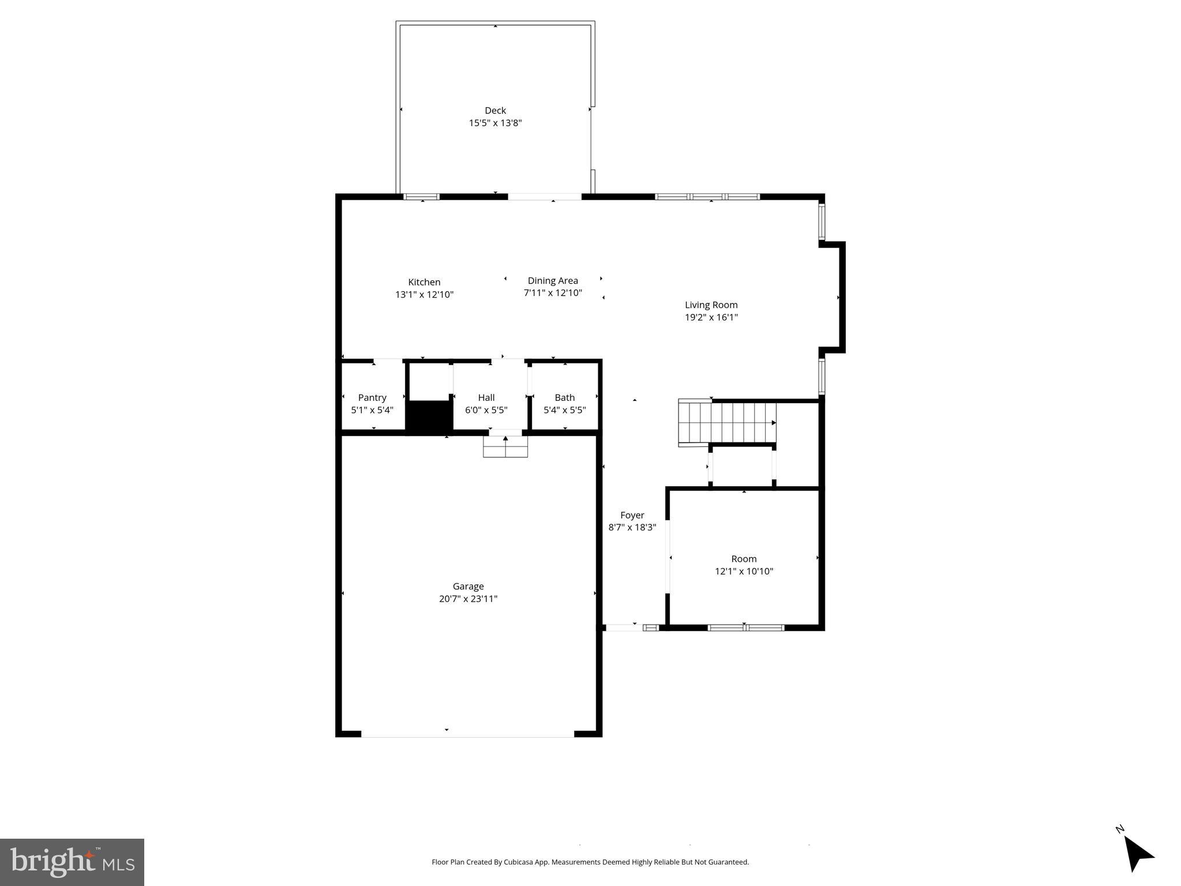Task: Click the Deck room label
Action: (x=495, y=110)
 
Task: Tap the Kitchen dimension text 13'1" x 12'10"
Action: (x=424, y=295)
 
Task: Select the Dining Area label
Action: (x=552, y=281)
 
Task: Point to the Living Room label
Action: (x=711, y=305)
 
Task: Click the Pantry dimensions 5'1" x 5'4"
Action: (x=372, y=410)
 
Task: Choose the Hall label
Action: (x=486, y=397)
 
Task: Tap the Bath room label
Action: (x=564, y=397)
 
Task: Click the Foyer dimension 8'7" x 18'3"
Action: (x=632, y=527)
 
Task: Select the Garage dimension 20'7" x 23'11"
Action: (x=468, y=599)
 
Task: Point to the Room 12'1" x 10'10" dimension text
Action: (x=744, y=572)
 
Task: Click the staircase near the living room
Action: (x=728, y=423)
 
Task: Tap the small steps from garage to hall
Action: (x=505, y=447)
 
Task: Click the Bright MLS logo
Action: (x=72, y=862)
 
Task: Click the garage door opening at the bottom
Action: (x=467, y=734)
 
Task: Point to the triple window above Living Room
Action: (x=707, y=197)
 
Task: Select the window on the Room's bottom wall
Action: (x=745, y=628)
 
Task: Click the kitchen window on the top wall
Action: (x=421, y=197)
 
